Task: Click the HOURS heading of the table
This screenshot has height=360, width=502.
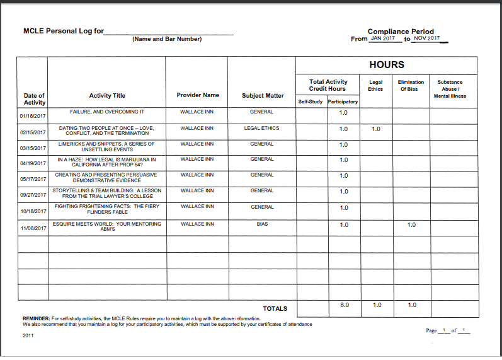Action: pyautogui.click(x=386, y=65)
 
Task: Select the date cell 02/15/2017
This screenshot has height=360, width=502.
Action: pyautogui.click(x=34, y=132)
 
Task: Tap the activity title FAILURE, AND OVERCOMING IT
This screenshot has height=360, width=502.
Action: pyautogui.click(x=106, y=112)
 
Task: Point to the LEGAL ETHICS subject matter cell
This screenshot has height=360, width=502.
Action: pyautogui.click(x=261, y=128)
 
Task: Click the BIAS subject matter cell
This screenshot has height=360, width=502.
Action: pyautogui.click(x=261, y=224)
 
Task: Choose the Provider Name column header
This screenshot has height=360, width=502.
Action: pyautogui.click(x=198, y=95)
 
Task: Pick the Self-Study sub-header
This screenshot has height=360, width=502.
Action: pyautogui.click(x=311, y=102)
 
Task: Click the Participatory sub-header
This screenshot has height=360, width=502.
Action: pyautogui.click(x=343, y=102)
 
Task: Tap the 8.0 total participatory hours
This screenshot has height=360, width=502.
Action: pyautogui.click(x=345, y=305)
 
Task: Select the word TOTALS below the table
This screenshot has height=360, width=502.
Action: pyautogui.click(x=275, y=308)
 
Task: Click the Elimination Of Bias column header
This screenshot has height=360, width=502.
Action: pyautogui.click(x=411, y=85)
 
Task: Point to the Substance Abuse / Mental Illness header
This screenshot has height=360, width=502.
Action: pyautogui.click(x=450, y=89)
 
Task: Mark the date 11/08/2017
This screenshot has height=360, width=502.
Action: pyautogui.click(x=34, y=228)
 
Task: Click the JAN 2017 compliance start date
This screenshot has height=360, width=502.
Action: pyautogui.click(x=383, y=38)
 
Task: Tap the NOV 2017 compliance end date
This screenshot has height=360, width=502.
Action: pyautogui.click(x=426, y=38)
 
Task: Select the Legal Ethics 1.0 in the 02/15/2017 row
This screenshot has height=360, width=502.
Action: pyautogui.click(x=376, y=129)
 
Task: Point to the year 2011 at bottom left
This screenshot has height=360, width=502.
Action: pyautogui.click(x=28, y=335)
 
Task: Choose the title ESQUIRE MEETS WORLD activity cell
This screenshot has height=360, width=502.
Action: pyautogui.click(x=107, y=226)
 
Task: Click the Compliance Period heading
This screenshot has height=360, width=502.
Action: pyautogui.click(x=401, y=31)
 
